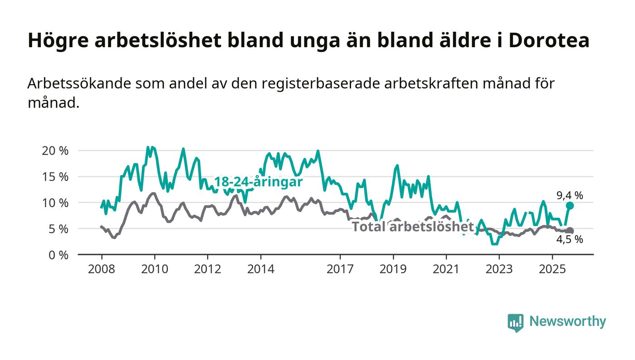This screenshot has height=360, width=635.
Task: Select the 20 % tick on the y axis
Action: (x=55, y=151)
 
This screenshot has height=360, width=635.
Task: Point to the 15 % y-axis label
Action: (x=55, y=177)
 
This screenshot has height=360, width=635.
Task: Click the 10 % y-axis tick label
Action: (x=55, y=203)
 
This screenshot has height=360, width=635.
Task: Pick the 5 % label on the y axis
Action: (x=58, y=229)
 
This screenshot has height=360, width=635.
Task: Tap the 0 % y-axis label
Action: (x=58, y=255)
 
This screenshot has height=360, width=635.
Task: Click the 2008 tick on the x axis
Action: (x=102, y=269)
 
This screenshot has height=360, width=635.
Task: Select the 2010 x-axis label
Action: (x=155, y=269)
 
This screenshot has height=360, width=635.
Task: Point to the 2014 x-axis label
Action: (x=261, y=269)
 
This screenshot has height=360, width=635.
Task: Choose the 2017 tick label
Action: (x=340, y=269)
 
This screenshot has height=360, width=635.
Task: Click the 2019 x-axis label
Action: (x=393, y=269)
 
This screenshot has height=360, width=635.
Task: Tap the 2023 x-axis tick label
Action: (x=499, y=269)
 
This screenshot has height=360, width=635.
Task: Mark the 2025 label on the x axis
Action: (x=552, y=269)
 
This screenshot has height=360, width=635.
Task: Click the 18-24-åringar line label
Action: (x=258, y=182)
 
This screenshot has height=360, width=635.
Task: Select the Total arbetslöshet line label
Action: (x=413, y=227)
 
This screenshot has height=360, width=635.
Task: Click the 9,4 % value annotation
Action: (x=570, y=196)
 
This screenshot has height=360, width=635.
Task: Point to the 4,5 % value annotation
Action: (x=570, y=240)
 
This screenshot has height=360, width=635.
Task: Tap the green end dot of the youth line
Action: (x=570, y=206)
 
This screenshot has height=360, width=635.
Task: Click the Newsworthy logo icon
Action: (x=516, y=322)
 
